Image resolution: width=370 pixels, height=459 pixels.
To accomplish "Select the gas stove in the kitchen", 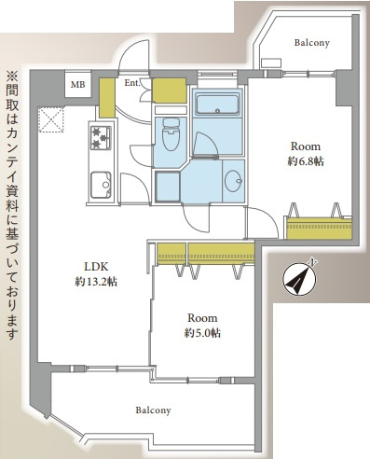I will pyautogui.click(x=101, y=139).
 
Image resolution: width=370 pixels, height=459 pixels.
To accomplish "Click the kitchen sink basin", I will pyautogui.click(x=100, y=184).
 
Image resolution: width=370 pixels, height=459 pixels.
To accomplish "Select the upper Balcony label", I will pyautogui.click(x=313, y=43).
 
